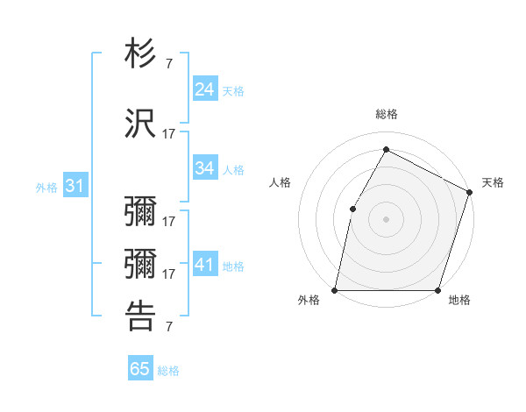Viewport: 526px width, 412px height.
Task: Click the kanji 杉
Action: (x=141, y=55)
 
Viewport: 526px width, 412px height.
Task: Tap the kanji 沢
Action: (x=141, y=124)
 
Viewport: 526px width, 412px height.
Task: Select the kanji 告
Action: (x=141, y=316)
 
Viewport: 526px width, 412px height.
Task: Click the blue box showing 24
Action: (x=205, y=89)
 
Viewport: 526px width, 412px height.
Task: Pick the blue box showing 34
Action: (x=205, y=168)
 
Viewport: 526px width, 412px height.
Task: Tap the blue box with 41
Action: (x=205, y=265)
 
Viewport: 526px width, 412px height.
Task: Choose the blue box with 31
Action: (x=75, y=186)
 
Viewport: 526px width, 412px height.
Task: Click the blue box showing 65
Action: (x=140, y=369)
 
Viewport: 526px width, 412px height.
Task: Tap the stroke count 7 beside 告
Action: (x=168, y=327)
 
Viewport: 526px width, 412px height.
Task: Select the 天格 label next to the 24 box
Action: (x=233, y=91)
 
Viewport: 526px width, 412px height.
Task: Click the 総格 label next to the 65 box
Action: (x=168, y=371)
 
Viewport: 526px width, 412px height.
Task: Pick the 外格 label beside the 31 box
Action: (x=46, y=188)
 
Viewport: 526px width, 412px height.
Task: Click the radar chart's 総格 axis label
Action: (x=386, y=114)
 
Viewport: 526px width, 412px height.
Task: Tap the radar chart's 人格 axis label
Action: (x=280, y=182)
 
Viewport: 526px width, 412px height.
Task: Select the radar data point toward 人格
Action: (x=352, y=208)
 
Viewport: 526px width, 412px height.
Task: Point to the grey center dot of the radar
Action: (x=386, y=218)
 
